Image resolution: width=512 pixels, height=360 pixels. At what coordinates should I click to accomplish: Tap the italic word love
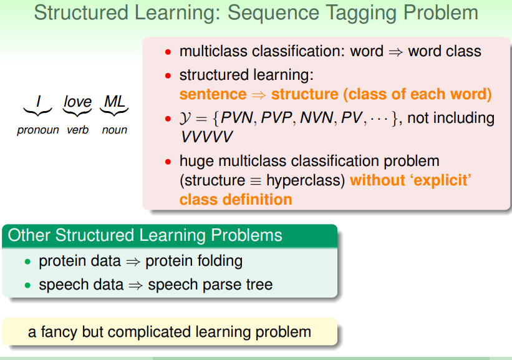[77, 102]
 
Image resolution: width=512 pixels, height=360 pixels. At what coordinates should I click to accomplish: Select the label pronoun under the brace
[38, 130]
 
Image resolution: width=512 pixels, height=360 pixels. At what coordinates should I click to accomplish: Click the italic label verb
[78, 130]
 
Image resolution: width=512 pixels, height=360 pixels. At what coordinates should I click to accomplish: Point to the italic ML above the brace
[114, 102]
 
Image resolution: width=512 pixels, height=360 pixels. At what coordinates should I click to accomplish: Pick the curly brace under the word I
[37, 112]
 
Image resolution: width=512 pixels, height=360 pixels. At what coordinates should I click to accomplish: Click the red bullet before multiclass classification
[168, 52]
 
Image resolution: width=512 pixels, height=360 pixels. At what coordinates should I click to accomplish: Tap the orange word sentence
[213, 94]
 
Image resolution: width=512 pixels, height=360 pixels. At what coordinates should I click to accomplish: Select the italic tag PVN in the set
[237, 118]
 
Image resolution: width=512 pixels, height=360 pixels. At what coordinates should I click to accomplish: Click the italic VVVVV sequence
[206, 137]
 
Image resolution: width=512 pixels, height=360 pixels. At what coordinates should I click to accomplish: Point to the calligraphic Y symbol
[185, 119]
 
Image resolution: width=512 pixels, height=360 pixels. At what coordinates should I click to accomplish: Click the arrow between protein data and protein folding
[133, 261]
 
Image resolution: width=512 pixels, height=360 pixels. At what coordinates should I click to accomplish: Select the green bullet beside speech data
[27, 286]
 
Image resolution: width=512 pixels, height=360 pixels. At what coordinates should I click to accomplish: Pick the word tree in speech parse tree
[259, 285]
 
